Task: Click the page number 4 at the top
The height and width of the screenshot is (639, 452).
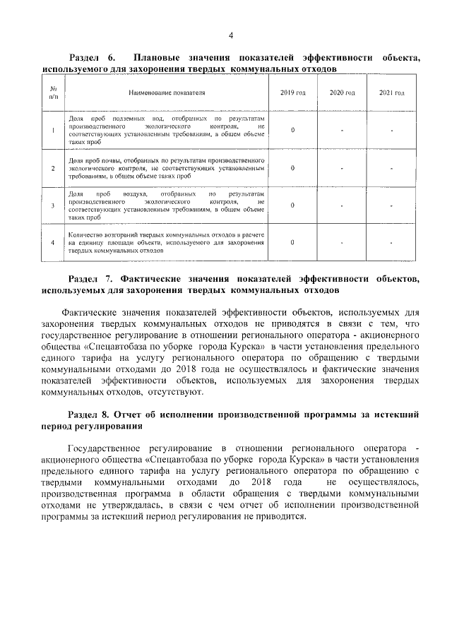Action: [230, 36]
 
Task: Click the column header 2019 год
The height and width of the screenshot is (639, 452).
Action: [292, 92]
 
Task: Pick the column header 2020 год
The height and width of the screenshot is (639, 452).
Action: [342, 92]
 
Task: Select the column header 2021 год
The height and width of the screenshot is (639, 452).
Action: [391, 92]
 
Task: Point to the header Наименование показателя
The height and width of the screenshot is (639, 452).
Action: [167, 92]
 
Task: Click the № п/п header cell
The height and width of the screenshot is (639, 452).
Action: [54, 92]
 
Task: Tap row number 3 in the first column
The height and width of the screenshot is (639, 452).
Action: [54, 205]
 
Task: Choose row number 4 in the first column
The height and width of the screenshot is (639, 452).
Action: [54, 243]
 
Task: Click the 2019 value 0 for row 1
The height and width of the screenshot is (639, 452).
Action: [292, 131]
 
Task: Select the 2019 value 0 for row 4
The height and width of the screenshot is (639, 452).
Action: [292, 242]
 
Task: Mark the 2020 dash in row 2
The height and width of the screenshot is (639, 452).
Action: [342, 168]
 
